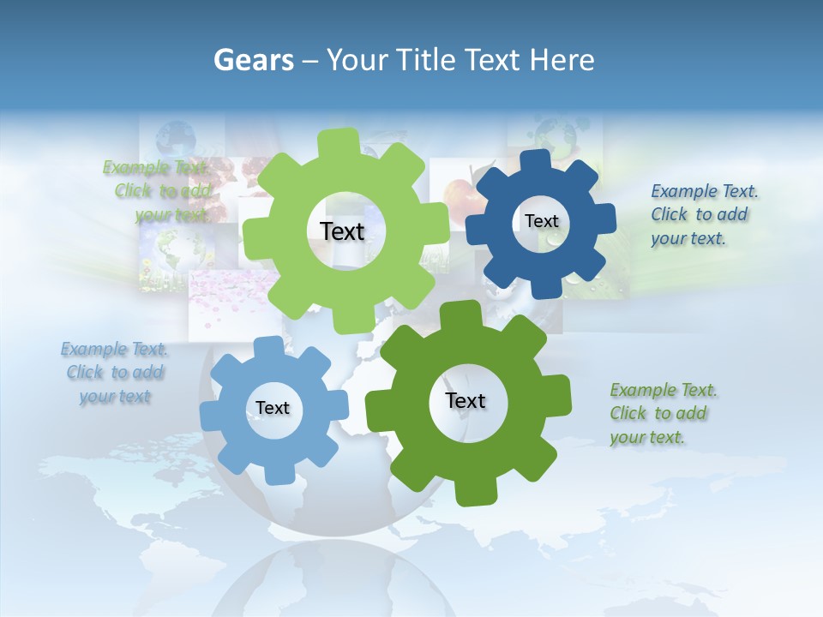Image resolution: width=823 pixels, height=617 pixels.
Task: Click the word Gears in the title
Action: click(253, 60)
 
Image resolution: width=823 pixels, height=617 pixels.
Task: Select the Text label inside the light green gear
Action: click(342, 231)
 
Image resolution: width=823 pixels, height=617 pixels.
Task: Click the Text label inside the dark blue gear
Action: click(541, 221)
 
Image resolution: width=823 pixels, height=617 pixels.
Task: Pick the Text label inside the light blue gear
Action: click(273, 408)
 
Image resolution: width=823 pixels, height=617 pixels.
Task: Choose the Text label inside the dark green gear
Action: click(466, 400)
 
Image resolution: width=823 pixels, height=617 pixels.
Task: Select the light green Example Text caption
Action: click(156, 191)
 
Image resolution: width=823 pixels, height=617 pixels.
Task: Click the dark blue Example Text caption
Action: click(703, 214)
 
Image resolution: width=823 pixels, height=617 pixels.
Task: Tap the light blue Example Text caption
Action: click(114, 372)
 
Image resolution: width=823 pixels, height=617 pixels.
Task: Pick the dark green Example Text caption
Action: click(663, 413)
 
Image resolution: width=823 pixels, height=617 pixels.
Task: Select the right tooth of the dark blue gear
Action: click(605, 220)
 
